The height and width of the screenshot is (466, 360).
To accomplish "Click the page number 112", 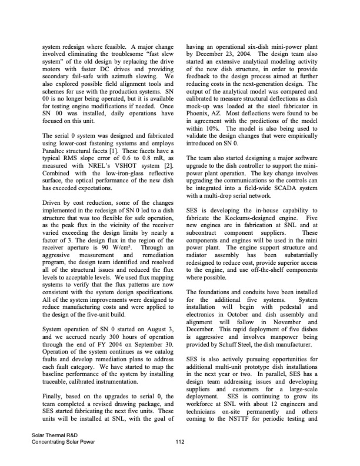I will coord(179,443).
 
